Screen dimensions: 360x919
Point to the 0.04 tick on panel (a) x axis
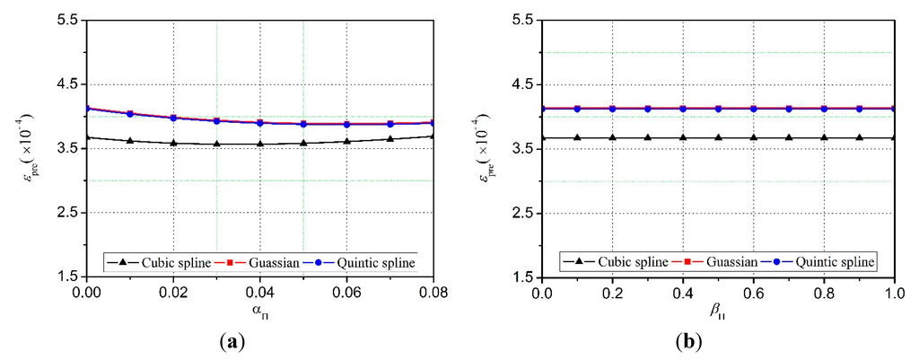[260, 293]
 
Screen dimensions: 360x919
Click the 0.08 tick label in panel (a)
[433, 293]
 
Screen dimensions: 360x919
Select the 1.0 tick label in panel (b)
[895, 293]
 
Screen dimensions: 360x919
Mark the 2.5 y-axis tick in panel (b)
[522, 214]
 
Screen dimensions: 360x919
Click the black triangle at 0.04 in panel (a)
[260, 144]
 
